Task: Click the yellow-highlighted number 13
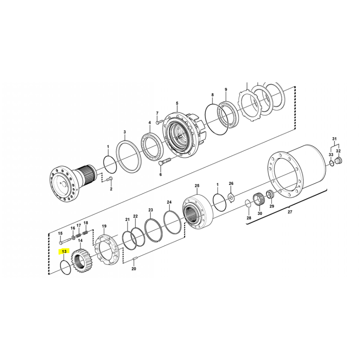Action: (64, 252)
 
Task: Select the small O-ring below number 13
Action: (65, 267)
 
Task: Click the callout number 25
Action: (197, 185)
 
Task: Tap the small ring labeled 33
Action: (331, 163)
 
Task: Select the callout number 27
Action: (290, 211)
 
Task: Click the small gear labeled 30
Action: (259, 199)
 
